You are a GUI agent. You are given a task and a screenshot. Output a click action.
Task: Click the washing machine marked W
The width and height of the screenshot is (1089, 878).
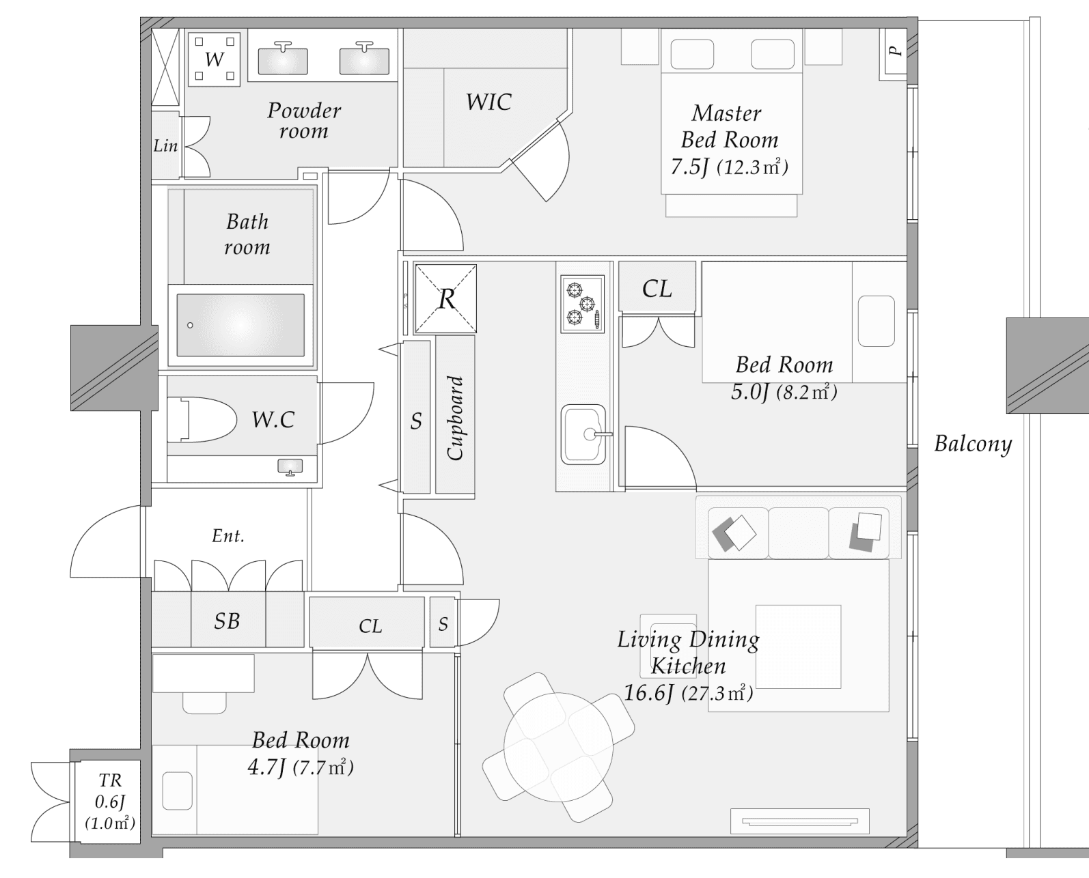click(214, 59)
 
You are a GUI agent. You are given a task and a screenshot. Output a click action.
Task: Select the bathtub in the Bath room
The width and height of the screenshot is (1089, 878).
click(240, 325)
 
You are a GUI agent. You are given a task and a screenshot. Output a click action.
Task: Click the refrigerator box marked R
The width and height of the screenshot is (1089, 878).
click(445, 298)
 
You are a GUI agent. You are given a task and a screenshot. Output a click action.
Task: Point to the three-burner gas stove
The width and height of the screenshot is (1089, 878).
click(582, 304)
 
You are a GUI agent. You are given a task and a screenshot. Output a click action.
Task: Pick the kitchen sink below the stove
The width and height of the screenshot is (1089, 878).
click(583, 434)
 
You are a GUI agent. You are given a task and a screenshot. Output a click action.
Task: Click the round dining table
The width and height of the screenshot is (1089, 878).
click(558, 747)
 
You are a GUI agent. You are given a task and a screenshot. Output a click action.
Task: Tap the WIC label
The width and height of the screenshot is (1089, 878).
click(488, 102)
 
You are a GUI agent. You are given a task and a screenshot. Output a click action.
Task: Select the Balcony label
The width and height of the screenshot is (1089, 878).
click(972, 444)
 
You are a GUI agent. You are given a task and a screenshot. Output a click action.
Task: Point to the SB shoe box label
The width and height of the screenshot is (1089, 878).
click(227, 621)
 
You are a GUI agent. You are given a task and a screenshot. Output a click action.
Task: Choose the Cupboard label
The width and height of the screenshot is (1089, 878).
click(455, 418)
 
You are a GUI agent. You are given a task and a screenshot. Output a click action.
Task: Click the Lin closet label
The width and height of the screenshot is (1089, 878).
click(165, 145)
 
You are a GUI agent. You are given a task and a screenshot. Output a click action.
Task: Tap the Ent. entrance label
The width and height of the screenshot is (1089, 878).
click(228, 536)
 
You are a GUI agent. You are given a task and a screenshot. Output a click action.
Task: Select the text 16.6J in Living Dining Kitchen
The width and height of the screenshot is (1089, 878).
click(649, 693)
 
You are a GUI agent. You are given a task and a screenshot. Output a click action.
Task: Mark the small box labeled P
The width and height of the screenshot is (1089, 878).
click(895, 51)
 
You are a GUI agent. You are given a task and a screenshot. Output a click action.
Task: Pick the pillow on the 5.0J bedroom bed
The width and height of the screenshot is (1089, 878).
click(876, 321)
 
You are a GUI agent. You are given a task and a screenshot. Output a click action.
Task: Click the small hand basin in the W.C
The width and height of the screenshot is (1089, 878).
click(290, 466)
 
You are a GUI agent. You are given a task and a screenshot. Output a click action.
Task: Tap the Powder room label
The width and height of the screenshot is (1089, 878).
click(304, 120)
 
